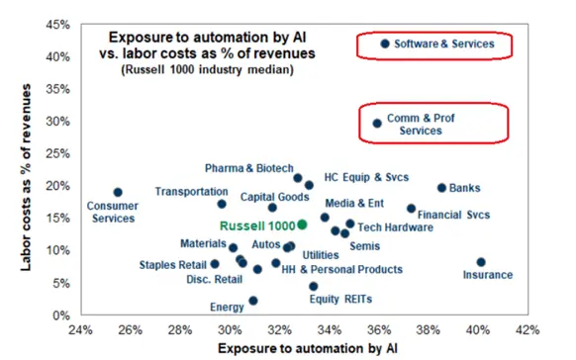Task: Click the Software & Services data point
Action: tap(385, 44)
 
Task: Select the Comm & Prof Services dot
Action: tap(377, 124)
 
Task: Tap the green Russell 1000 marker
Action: tap(302, 225)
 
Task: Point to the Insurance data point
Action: tap(481, 262)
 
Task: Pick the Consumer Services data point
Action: tap(118, 193)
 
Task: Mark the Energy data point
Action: tap(253, 301)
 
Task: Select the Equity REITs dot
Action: tap(313, 286)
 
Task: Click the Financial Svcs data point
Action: tap(412, 209)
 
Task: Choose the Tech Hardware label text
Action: tap(388, 226)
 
